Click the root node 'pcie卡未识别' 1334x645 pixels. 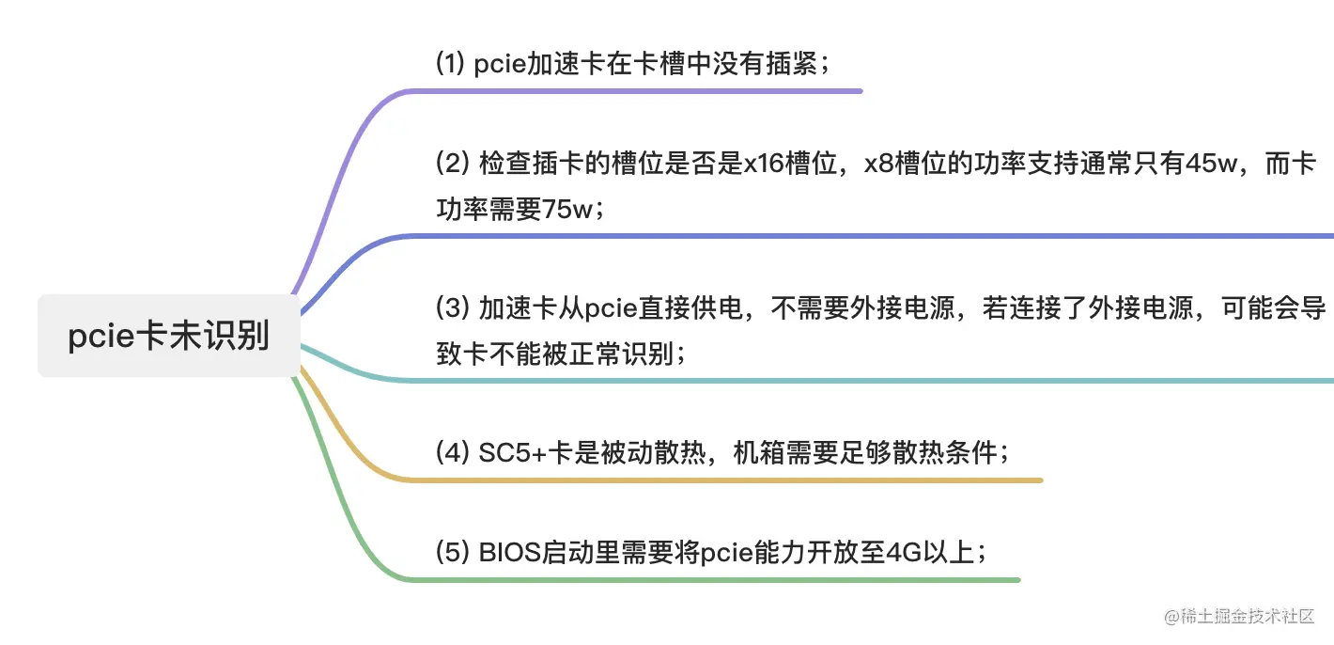click(x=168, y=336)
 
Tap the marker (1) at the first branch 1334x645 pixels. click(x=451, y=64)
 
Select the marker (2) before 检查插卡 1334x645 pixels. click(x=452, y=163)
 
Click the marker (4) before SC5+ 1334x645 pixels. click(x=452, y=453)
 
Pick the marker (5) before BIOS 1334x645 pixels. click(x=452, y=552)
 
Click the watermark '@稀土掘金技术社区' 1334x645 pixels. click(x=1239, y=617)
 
